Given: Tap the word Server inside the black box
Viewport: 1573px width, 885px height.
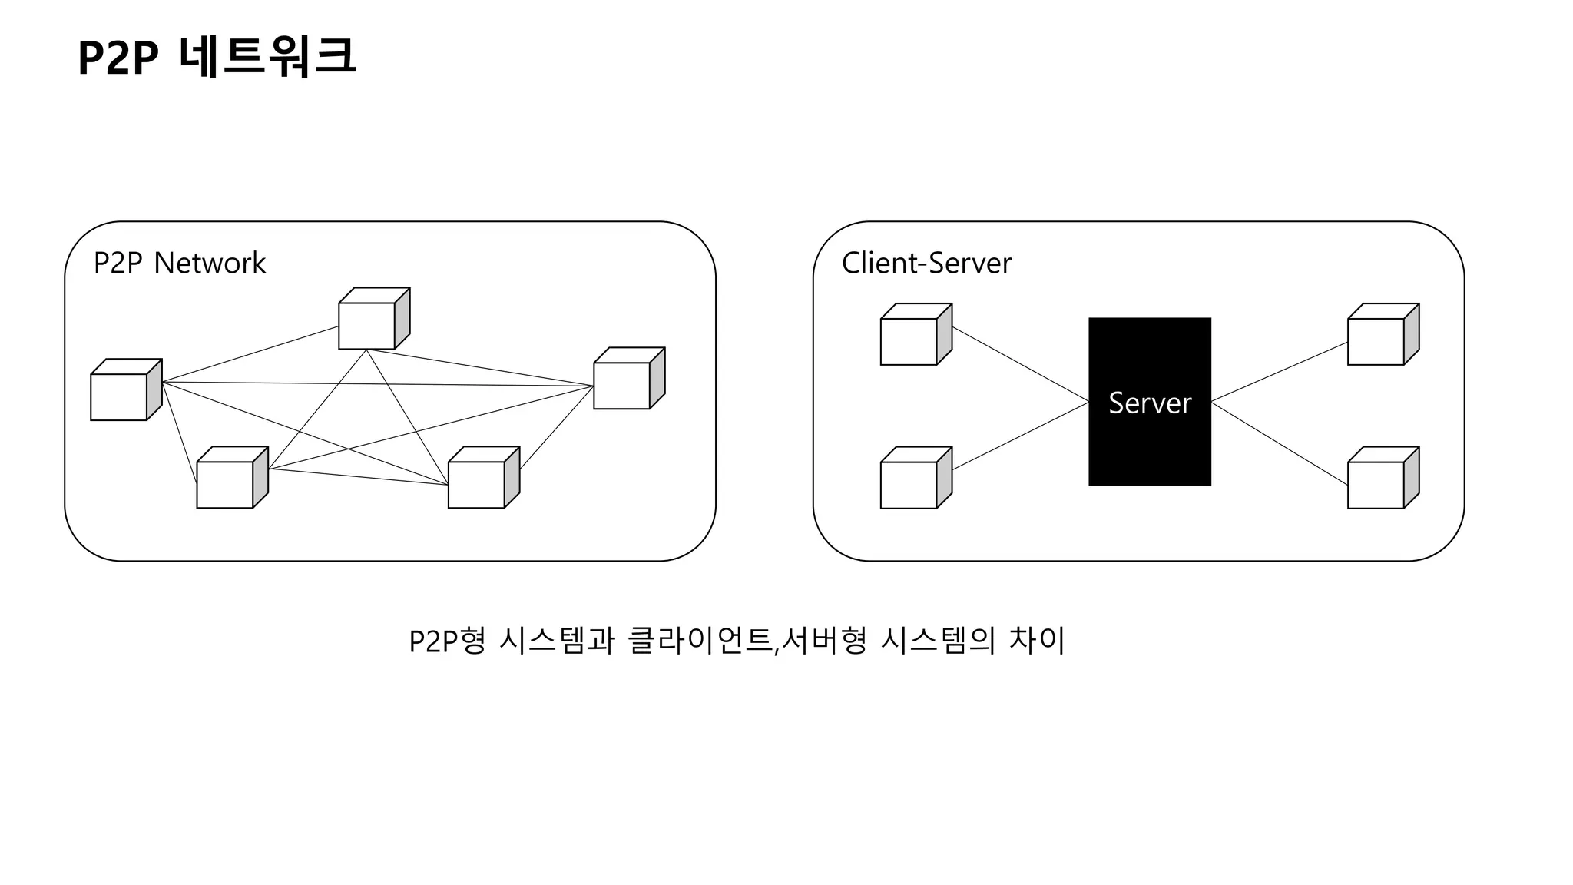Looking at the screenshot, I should (1150, 403).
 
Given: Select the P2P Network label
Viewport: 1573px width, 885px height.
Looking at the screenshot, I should (179, 263).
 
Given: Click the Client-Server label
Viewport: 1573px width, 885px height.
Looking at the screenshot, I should (926, 263).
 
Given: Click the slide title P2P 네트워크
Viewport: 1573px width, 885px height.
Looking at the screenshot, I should (217, 57).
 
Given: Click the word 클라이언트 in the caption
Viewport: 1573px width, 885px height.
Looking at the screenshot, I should (698, 641).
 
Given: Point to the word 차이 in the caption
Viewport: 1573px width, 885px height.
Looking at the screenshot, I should (1036, 641).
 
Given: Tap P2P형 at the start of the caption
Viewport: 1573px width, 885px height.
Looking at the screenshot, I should (447, 641).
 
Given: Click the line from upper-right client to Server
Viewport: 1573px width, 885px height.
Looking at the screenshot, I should (1280, 372).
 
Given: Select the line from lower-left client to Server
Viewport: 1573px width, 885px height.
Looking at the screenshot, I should (1021, 436).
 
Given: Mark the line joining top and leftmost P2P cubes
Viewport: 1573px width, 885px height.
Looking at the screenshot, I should (250, 354).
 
